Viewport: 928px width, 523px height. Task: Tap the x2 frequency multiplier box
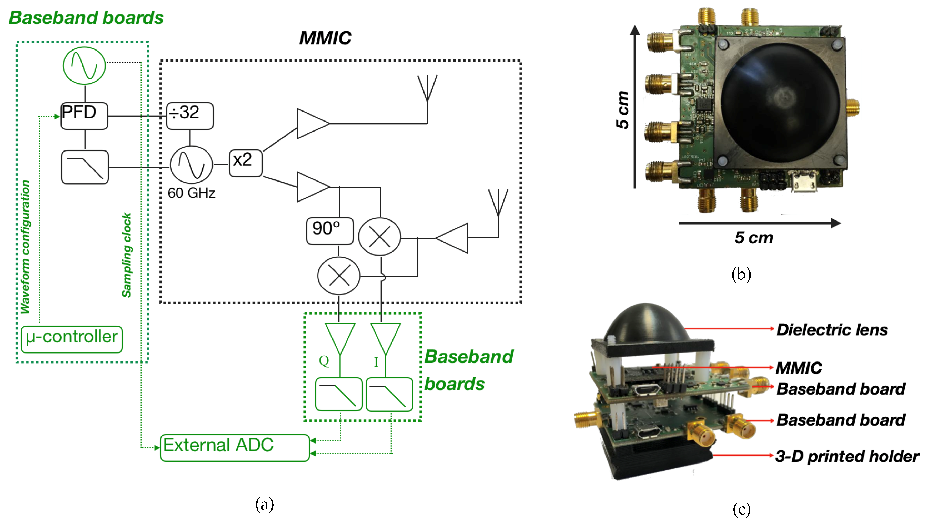pos(245,163)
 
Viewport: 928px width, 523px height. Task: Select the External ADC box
pos(235,447)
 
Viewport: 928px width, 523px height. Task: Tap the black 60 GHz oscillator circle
pos(191,165)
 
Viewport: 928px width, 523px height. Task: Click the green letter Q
pos(324,360)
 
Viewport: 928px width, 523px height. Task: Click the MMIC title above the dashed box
pos(325,38)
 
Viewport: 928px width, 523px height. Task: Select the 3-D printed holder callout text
pos(846,456)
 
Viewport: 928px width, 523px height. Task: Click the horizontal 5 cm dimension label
pos(754,238)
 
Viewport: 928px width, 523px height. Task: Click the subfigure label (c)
pos(741,509)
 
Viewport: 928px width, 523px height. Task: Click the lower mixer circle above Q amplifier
pos(338,276)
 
